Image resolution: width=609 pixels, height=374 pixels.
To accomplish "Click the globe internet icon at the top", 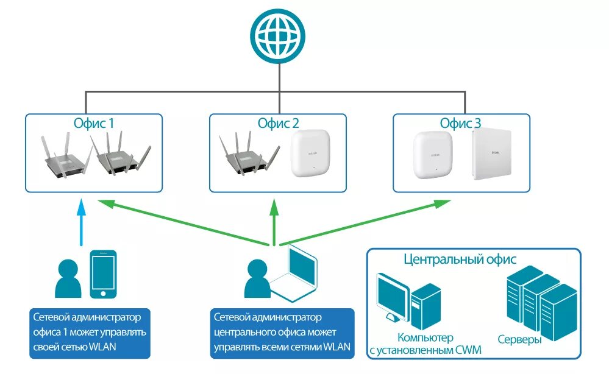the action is click(278, 36).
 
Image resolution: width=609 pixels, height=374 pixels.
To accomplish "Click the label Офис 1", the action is click(94, 124).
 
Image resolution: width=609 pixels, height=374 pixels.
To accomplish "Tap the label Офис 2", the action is click(278, 124).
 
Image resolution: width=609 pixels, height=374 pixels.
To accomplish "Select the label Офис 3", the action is click(460, 124).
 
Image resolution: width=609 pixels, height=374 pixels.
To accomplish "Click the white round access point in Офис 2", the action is click(310, 153).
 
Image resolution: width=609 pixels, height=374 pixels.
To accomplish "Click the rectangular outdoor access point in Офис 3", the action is click(492, 154).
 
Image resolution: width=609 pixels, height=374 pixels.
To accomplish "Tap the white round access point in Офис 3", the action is click(433, 155).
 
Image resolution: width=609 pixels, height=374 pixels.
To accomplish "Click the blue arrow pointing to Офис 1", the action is click(81, 223).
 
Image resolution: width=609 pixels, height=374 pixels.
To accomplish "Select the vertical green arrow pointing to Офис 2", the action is click(274, 222).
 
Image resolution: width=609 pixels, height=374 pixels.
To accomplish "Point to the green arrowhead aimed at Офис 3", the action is click(442, 203).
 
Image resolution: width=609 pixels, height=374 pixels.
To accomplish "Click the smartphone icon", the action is click(103, 274).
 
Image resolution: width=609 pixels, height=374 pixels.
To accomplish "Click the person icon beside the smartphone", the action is click(68, 278).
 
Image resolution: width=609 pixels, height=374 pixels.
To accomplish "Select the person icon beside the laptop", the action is click(257, 278).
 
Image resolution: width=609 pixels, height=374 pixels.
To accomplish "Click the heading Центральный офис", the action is click(460, 259).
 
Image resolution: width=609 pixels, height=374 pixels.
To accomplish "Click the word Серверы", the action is click(519, 339).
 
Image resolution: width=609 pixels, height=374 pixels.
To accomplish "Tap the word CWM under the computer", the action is click(468, 350).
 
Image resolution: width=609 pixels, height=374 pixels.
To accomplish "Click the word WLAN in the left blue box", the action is click(102, 347).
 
